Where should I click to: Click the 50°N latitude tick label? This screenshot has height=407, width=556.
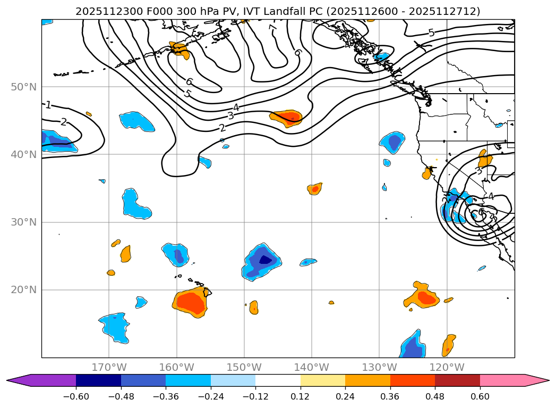click(x=23, y=87)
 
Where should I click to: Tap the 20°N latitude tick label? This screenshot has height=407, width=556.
click(x=23, y=290)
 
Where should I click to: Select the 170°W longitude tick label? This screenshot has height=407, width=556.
click(x=109, y=367)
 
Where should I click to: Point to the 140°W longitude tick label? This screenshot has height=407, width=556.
click(x=311, y=367)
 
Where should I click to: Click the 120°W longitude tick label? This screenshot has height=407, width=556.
click(x=447, y=367)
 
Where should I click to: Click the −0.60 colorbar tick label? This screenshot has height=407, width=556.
click(x=76, y=396)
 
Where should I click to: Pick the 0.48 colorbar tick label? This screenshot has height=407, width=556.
click(x=435, y=396)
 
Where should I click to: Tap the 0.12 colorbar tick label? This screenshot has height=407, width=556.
click(x=300, y=396)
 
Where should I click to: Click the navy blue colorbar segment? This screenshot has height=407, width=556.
click(x=98, y=380)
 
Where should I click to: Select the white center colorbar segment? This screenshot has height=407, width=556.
click(x=278, y=380)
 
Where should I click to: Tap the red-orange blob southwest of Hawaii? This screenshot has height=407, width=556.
click(x=190, y=303)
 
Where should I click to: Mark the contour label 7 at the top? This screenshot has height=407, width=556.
click(x=272, y=27)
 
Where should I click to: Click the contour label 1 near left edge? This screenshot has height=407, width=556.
click(x=48, y=105)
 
